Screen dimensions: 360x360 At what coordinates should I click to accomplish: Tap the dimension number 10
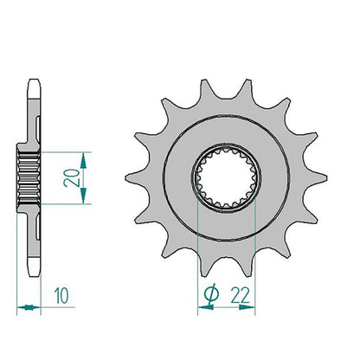point(61,296)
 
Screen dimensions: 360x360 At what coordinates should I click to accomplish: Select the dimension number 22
point(240,296)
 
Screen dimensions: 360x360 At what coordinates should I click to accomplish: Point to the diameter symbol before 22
point(211,294)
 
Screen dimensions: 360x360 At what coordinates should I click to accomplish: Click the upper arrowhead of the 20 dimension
point(83,161)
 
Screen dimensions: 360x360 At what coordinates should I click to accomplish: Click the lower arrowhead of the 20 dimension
point(83,196)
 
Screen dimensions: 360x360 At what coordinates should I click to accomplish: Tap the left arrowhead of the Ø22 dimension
point(206,307)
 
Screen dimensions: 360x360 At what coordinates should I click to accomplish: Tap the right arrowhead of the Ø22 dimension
point(247,307)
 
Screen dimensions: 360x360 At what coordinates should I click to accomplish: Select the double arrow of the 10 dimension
point(29,307)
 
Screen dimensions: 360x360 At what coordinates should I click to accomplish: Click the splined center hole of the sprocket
point(226,177)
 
